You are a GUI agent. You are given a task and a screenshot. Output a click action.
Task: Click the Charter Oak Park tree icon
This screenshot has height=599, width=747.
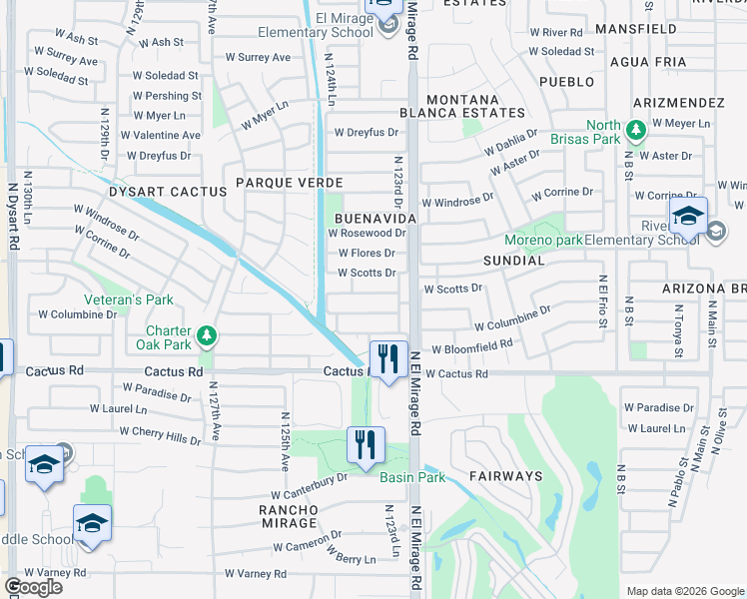click(x=207, y=334)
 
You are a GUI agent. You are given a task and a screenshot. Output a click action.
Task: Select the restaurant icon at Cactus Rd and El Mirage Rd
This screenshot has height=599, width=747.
click(x=387, y=359)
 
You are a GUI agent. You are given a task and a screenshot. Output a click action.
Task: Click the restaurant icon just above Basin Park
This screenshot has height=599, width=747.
click(x=366, y=444)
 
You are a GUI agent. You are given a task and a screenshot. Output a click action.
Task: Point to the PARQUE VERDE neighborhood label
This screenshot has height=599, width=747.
click(x=290, y=183)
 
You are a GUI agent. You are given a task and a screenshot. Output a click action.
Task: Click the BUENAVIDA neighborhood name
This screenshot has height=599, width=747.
click(x=374, y=217)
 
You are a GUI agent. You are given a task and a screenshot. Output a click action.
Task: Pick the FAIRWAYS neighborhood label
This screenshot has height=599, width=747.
click(x=506, y=477)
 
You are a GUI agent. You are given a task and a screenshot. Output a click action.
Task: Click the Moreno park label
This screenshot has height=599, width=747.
click(x=543, y=241)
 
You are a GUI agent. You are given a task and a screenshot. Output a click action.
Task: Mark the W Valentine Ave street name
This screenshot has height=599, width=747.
click(x=160, y=136)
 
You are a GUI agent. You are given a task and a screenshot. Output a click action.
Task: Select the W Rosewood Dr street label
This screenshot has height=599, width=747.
click(x=367, y=234)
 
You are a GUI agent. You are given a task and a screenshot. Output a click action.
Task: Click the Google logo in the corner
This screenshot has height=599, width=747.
click(x=32, y=586)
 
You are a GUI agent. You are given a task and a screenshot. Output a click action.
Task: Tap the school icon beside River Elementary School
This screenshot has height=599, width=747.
click(x=688, y=216)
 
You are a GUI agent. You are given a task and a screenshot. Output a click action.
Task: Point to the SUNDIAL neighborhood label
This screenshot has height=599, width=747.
click(x=513, y=261)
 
